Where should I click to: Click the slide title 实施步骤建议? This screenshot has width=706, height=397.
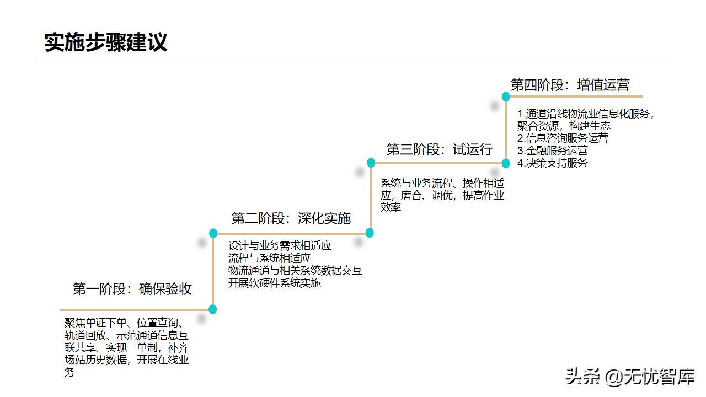click(105, 42)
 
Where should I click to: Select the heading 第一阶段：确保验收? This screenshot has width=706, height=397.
click(132, 289)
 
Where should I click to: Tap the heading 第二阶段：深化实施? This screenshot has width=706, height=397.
click(291, 218)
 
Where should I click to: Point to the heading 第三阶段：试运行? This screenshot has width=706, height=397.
click(439, 149)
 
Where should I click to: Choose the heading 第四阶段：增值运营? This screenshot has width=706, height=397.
click(570, 85)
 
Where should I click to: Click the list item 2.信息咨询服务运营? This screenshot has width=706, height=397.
click(563, 138)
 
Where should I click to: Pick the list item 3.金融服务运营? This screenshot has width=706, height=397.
click(552, 151)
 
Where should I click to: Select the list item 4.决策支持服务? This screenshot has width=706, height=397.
click(552, 163)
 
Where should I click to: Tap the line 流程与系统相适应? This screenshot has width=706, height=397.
click(269, 258)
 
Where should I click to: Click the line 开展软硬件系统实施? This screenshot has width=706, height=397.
click(275, 283)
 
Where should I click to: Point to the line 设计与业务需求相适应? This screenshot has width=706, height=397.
click(280, 245)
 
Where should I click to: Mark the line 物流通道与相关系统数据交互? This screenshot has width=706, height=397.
click(295, 270)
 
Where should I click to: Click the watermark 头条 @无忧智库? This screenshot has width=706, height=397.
click(630, 377)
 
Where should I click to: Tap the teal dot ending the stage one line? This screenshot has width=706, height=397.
click(212, 309)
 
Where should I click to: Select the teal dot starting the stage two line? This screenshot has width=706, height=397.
click(213, 233)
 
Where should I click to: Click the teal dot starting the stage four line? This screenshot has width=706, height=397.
click(506, 97)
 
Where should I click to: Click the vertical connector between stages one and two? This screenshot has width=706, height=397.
click(213, 271)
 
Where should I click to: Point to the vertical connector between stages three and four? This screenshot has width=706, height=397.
click(506, 130)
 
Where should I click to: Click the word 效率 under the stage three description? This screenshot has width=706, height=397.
click(391, 207)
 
